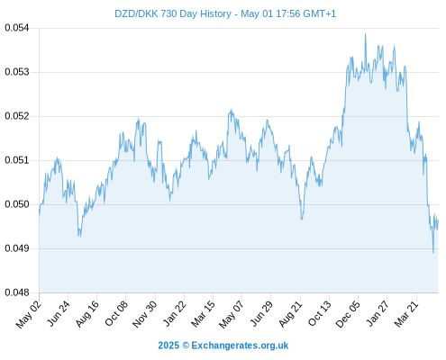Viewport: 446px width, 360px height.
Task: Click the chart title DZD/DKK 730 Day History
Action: point(173,13)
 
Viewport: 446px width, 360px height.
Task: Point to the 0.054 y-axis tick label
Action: point(17,28)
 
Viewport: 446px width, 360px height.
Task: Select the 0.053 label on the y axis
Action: point(17,72)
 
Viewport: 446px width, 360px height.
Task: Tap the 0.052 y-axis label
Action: point(17,116)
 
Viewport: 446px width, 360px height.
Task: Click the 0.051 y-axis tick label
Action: point(17,160)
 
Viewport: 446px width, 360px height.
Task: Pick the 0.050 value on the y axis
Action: point(17,204)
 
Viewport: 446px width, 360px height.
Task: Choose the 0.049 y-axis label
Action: point(17,248)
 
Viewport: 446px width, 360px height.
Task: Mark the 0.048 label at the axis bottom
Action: point(17,292)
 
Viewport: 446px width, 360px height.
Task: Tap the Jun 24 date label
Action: point(59,313)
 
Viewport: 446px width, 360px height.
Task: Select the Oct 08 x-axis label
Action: point(116,313)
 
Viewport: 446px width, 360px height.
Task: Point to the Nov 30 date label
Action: point(144,313)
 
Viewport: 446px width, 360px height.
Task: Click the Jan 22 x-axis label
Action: point(175,313)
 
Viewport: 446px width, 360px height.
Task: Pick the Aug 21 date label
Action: point(290,313)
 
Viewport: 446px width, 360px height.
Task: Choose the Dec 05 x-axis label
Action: point(347,313)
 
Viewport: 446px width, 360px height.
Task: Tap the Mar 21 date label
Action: point(406,313)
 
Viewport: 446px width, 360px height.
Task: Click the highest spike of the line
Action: point(365,34)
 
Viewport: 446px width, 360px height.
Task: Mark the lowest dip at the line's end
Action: point(433,252)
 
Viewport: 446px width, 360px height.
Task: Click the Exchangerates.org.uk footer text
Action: point(240,346)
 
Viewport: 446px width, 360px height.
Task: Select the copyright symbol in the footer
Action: point(186,346)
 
